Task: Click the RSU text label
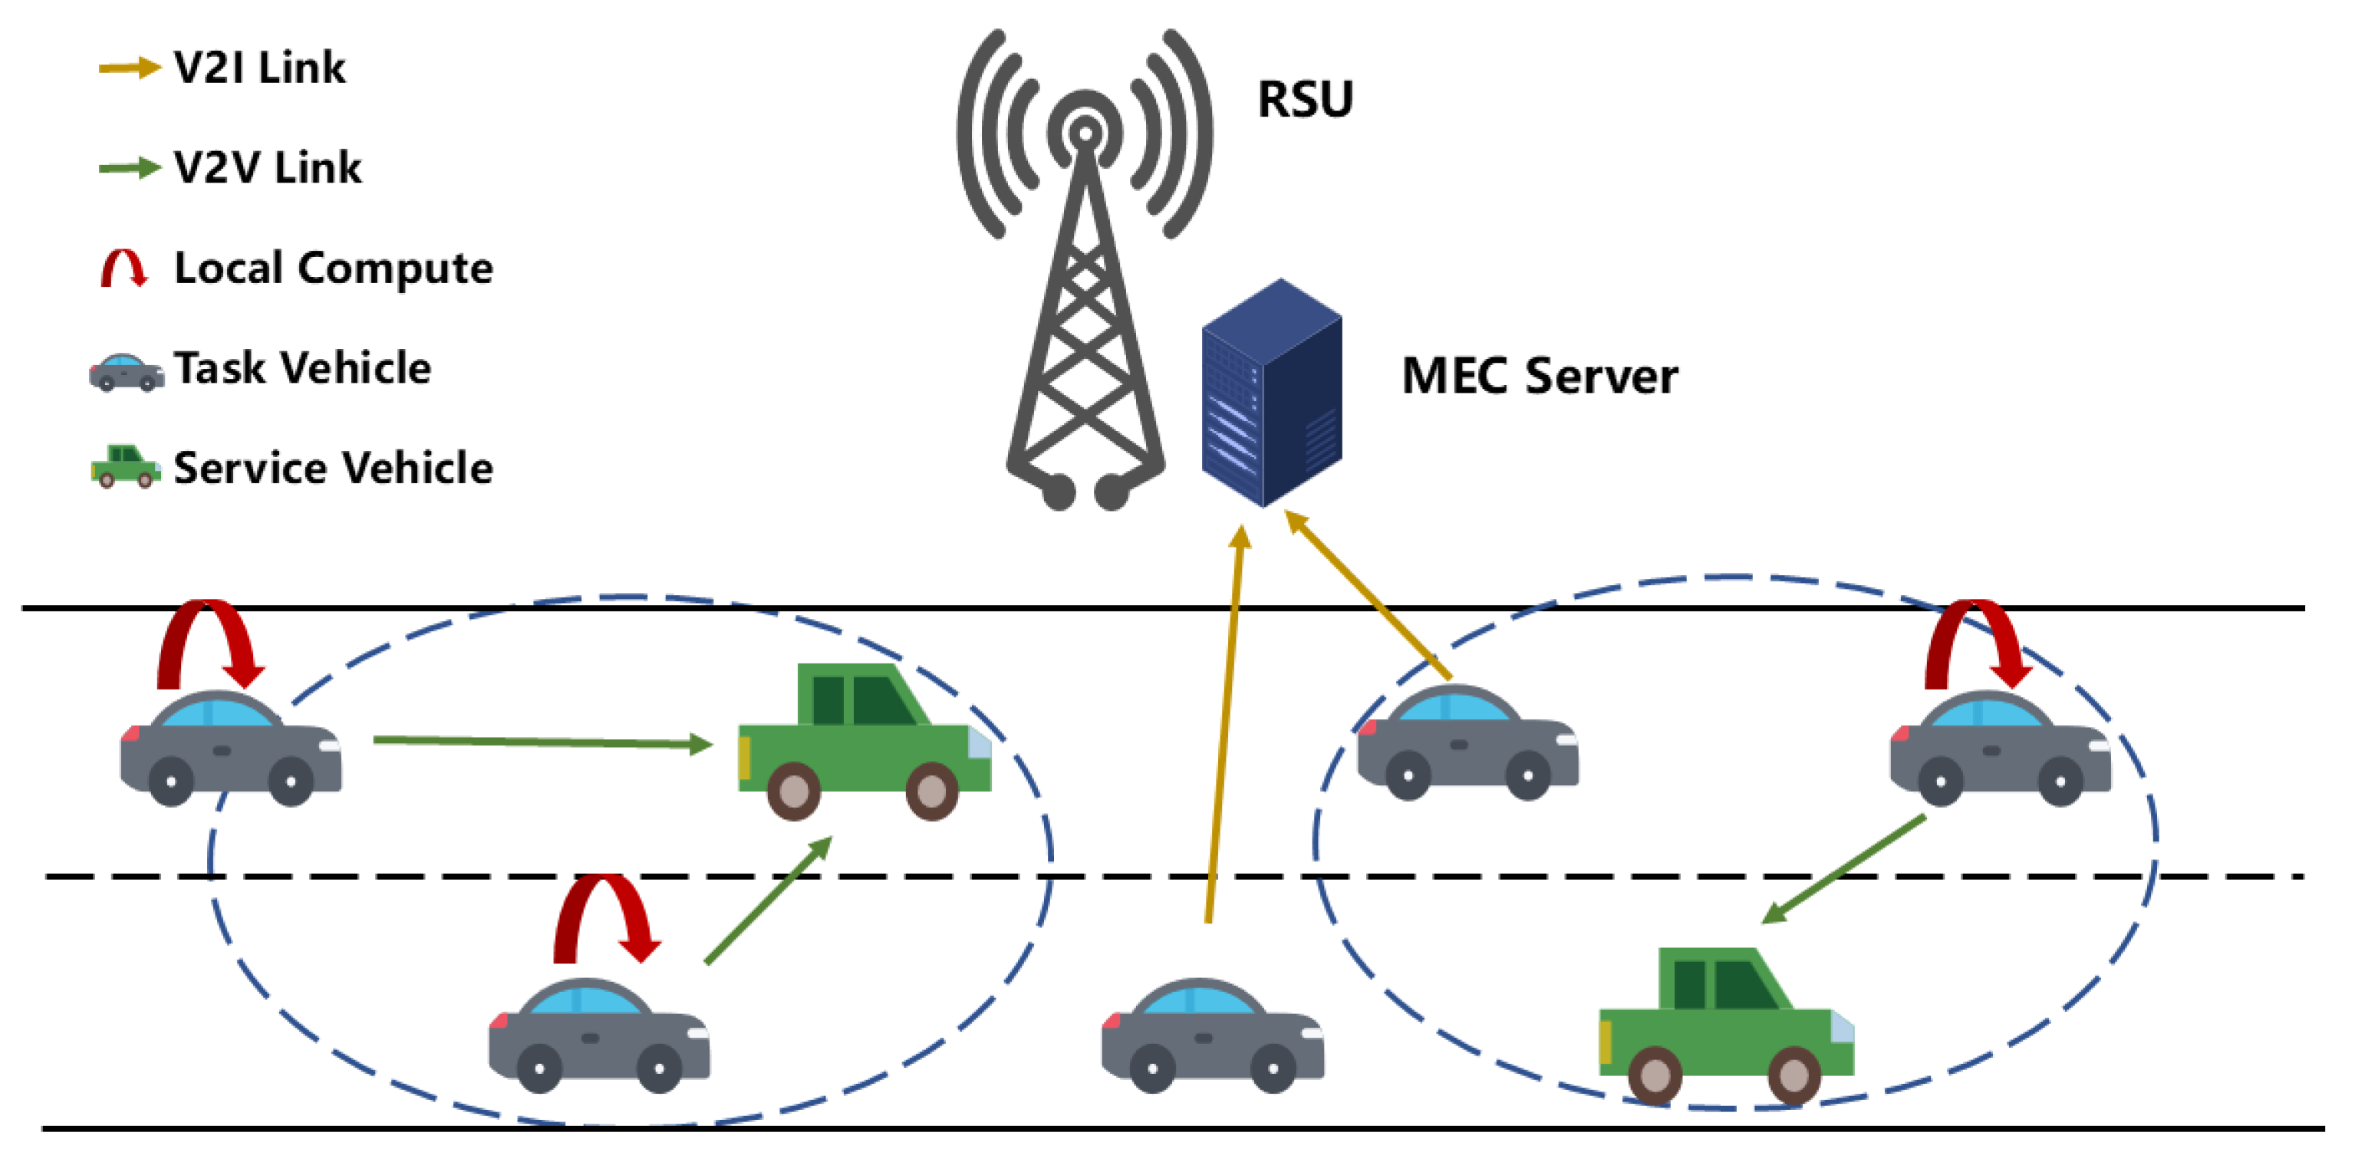pos(1305,99)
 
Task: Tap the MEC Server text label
pos(1539,376)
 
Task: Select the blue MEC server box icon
pos(1272,393)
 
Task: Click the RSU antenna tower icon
pos(1085,275)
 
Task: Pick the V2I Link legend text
pos(259,67)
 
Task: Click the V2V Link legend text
pos(267,167)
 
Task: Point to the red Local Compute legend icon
pos(124,268)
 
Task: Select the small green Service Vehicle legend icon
pos(126,466)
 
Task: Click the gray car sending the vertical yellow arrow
pos(1212,1035)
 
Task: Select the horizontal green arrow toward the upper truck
pos(542,742)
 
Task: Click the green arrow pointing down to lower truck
pos(1845,868)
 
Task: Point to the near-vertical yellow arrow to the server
pos(1224,723)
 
